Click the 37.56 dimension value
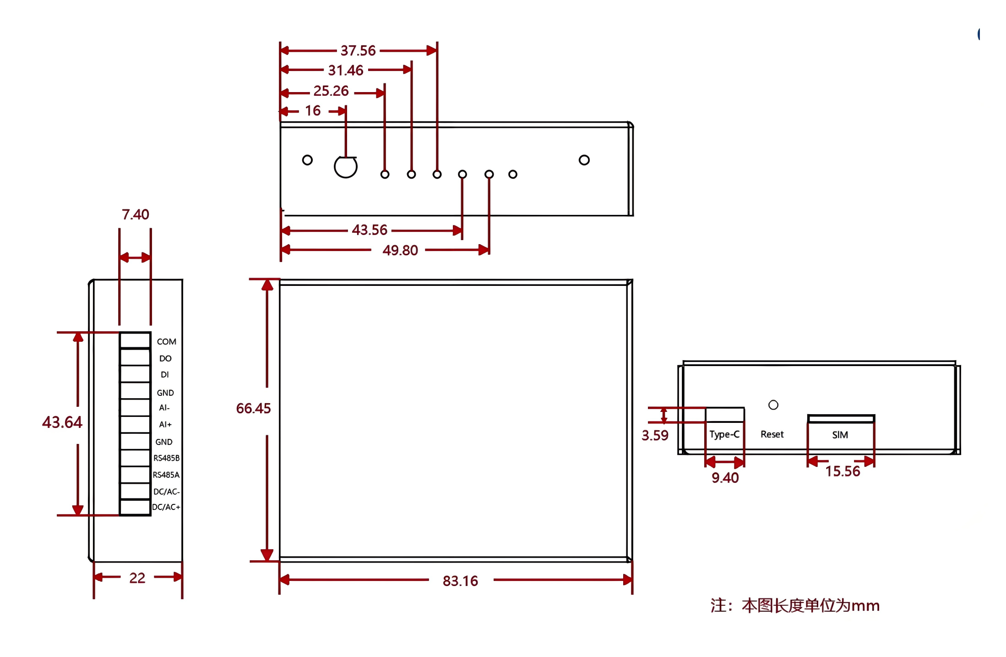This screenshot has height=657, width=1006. click(358, 50)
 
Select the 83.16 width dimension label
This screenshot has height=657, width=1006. click(460, 581)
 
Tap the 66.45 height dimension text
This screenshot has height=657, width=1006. click(253, 408)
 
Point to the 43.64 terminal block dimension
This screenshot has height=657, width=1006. click(62, 422)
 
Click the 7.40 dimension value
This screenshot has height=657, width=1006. click(136, 214)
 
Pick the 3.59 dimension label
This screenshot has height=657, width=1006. click(655, 435)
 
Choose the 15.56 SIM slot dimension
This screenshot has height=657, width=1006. click(843, 471)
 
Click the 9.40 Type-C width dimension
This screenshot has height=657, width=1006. click(725, 478)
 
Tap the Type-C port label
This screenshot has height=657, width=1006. click(724, 434)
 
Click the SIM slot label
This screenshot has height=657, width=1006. click(840, 435)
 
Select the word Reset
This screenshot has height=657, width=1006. click(772, 434)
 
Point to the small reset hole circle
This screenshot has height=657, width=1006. click(773, 405)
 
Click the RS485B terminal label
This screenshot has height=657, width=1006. click(166, 458)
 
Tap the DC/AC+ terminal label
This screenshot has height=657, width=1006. click(166, 507)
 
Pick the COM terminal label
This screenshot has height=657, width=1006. click(166, 342)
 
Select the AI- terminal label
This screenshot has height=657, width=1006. click(164, 408)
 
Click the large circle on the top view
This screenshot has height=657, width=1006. click(346, 167)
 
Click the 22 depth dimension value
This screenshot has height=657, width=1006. click(137, 578)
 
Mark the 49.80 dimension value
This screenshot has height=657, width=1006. click(400, 251)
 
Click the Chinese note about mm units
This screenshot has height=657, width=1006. click(795, 606)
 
